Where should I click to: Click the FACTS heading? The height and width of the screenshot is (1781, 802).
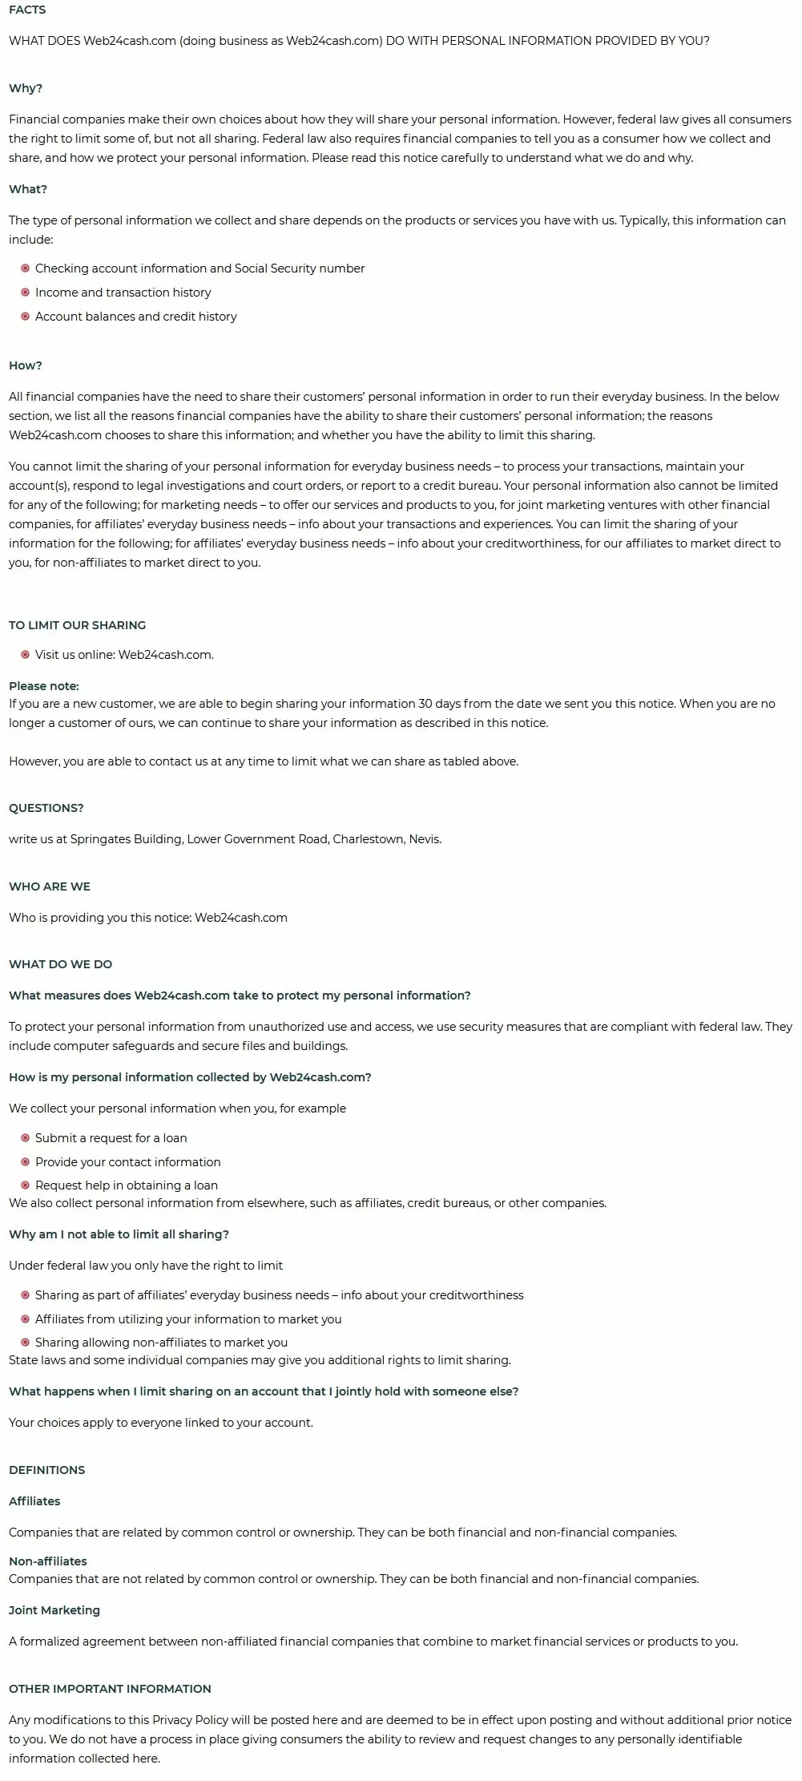click(27, 10)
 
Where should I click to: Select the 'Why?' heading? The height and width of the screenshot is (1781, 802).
click(26, 88)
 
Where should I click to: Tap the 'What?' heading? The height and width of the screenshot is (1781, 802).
click(28, 189)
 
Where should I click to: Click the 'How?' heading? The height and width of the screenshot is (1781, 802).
click(26, 365)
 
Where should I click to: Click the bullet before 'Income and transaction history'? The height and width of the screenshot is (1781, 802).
click(26, 293)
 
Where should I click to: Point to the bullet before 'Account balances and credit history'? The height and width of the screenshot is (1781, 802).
click(26, 317)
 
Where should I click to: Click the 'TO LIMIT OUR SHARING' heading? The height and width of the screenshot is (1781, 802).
click(77, 625)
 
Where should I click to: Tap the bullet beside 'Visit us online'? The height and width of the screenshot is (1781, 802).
click(26, 655)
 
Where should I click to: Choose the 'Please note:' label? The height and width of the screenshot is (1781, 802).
click(44, 686)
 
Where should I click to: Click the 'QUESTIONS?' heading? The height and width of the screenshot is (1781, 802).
click(46, 808)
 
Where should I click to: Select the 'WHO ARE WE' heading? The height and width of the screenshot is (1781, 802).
click(50, 886)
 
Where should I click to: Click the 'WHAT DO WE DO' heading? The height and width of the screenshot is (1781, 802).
click(60, 964)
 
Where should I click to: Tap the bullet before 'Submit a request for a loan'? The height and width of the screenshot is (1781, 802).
click(26, 1138)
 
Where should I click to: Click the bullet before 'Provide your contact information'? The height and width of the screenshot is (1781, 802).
click(26, 1162)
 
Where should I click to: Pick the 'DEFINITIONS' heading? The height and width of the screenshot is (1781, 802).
click(46, 1470)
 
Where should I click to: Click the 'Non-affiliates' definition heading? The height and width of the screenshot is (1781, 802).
click(48, 1561)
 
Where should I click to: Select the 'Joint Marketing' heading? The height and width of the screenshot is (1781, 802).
click(54, 1610)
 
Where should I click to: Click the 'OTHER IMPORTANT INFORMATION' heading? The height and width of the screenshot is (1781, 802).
click(110, 1689)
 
